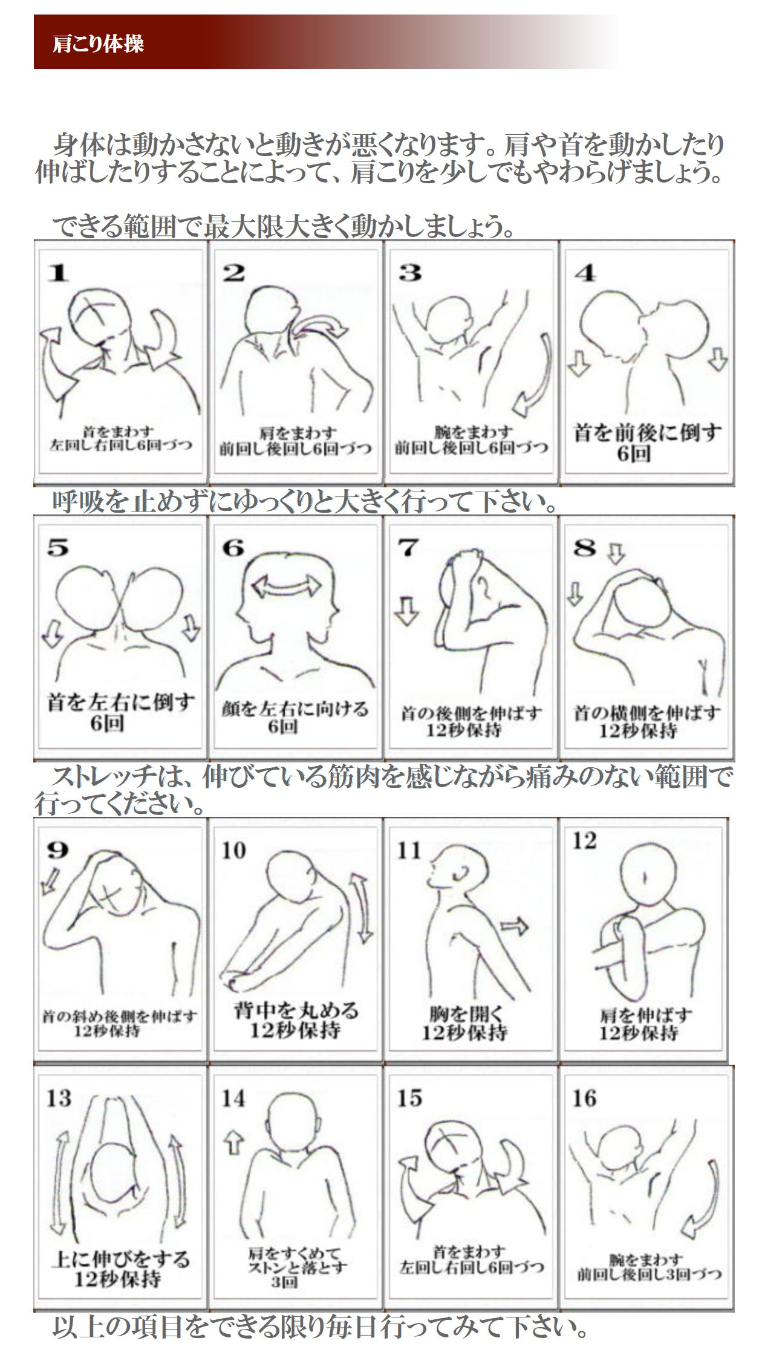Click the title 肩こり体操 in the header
pos(99,44)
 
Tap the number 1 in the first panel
pos(59,274)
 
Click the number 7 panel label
pos(408,548)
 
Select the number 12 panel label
pos(584,840)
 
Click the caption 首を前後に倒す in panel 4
pos(648,433)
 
